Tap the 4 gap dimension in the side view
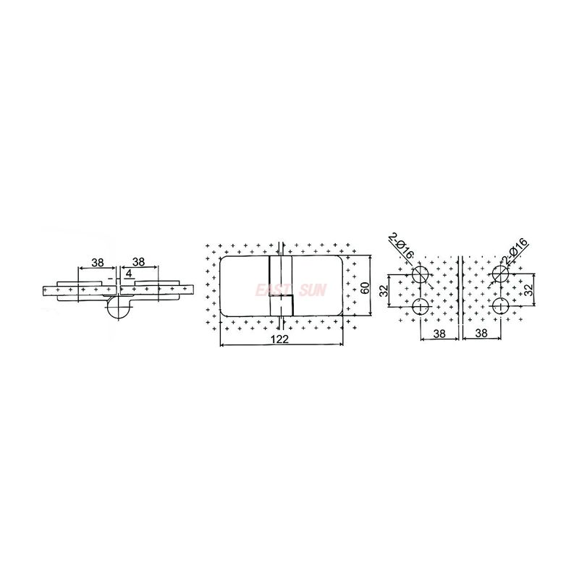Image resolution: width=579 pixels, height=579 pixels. point(127,274)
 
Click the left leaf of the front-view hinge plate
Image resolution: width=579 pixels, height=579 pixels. point(243,285)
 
